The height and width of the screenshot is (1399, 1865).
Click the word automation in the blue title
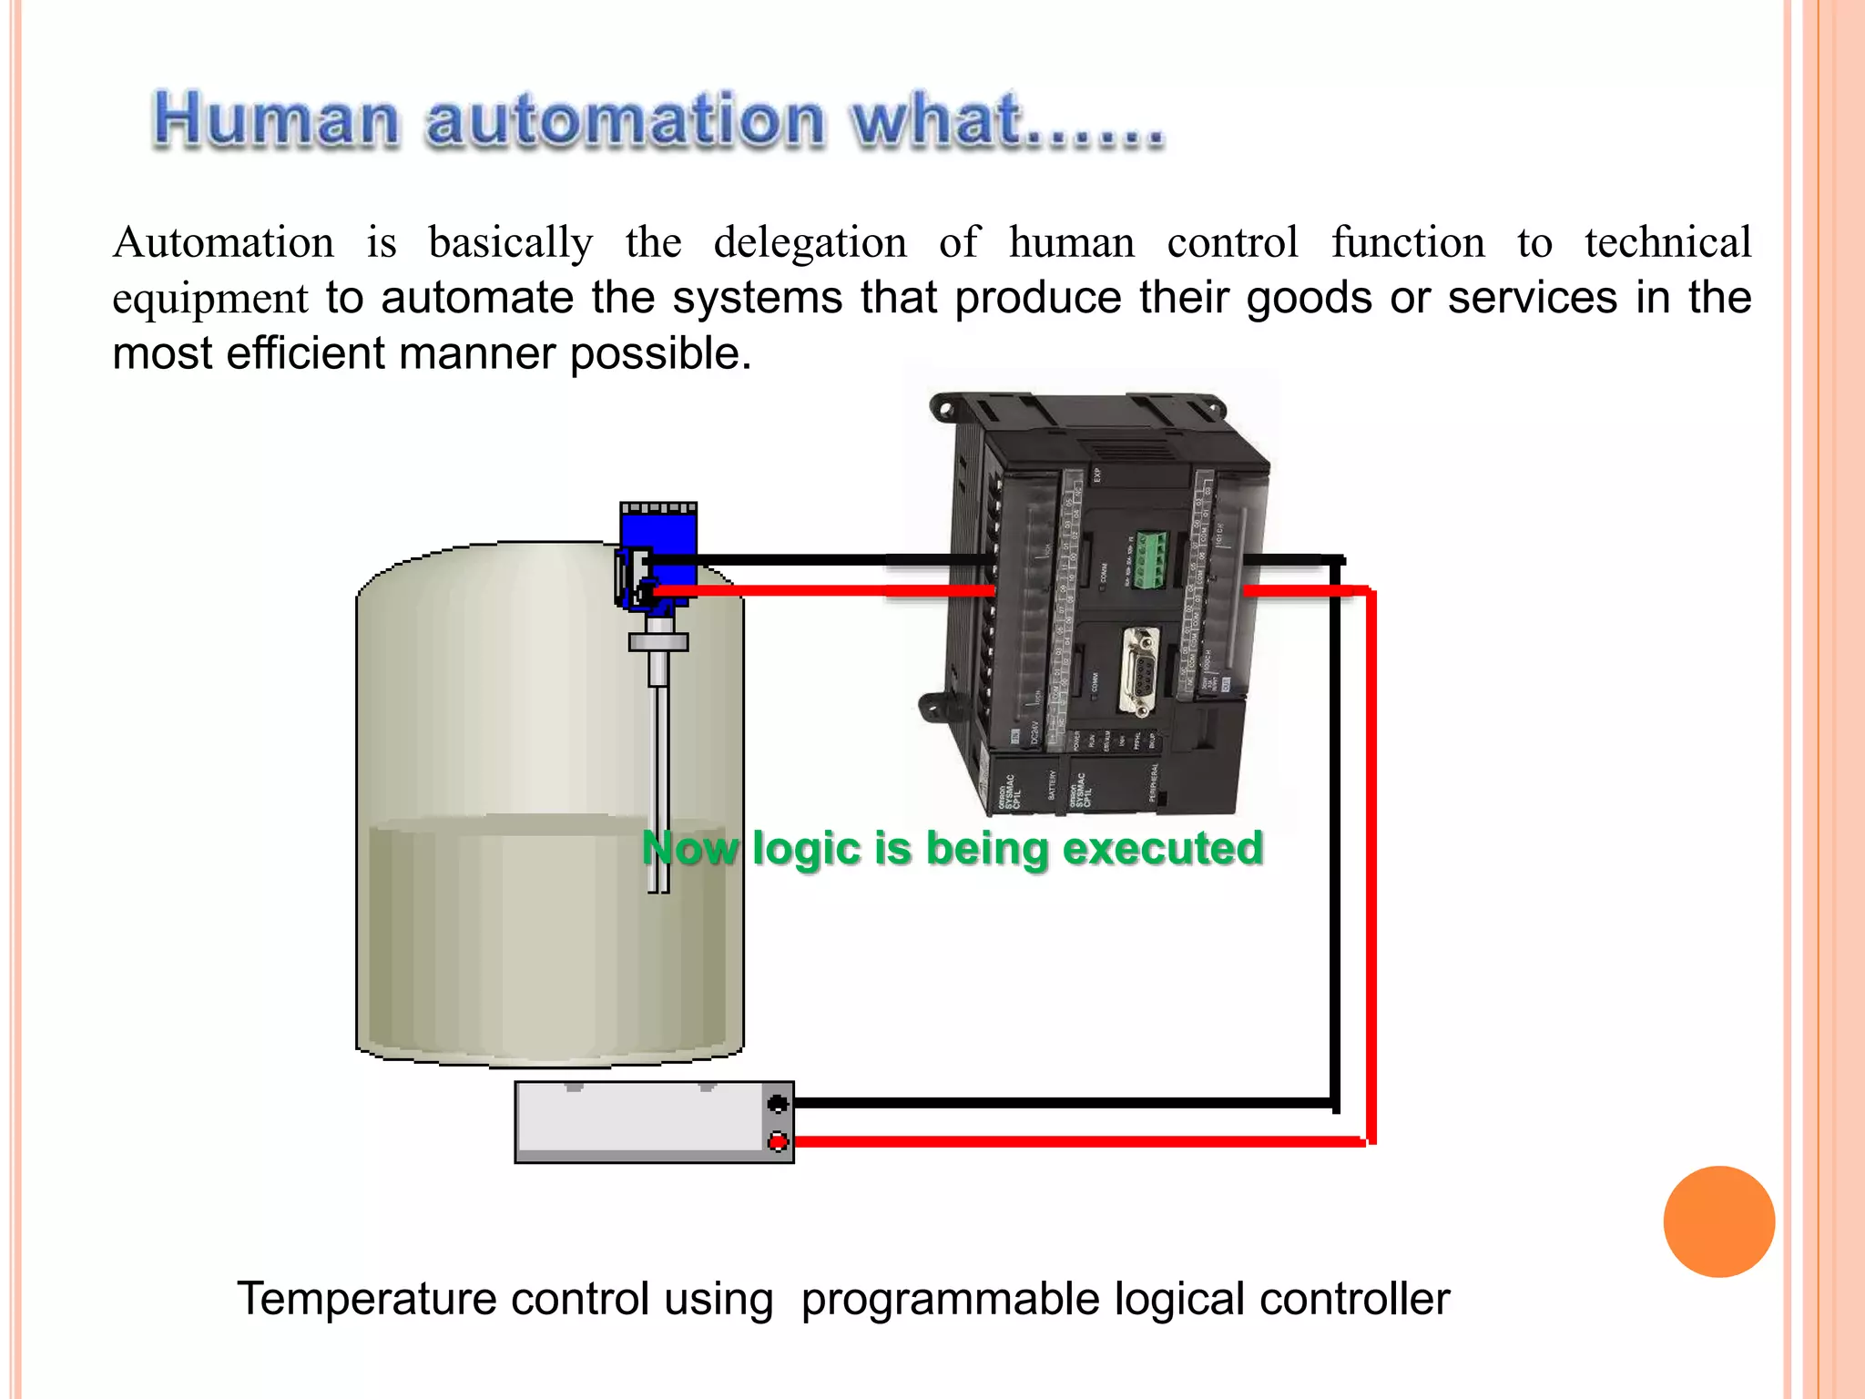[x=625, y=120]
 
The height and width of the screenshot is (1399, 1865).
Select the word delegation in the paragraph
[x=810, y=243]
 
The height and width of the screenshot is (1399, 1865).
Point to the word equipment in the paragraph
[x=210, y=299]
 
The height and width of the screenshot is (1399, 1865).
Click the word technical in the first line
[x=1667, y=243]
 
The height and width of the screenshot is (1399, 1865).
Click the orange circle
[x=1718, y=1221]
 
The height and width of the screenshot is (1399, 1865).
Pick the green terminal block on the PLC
[x=1149, y=559]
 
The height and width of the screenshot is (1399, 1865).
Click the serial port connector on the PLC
[x=1137, y=670]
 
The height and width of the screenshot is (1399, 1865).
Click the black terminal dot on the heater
[x=778, y=1104]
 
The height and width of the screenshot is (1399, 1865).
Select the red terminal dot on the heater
[x=778, y=1141]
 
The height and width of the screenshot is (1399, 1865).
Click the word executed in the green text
[x=1163, y=849]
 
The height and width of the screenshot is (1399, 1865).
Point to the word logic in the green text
[x=807, y=849]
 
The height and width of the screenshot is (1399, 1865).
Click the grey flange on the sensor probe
[x=657, y=642]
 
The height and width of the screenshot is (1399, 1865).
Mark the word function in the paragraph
[x=1408, y=243]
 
